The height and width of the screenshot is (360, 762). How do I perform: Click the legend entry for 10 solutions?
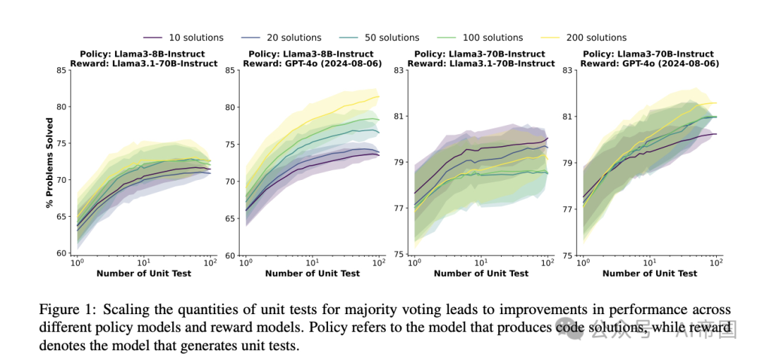pos(183,37)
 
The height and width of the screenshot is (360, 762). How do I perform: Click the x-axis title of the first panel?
pos(144,273)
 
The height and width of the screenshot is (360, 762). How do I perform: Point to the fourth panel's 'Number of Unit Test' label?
pos(650,273)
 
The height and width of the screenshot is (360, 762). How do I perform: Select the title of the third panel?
pos(481,59)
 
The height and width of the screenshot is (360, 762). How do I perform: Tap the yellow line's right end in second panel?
pos(379,96)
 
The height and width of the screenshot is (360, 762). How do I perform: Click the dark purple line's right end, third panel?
pos(548,138)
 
